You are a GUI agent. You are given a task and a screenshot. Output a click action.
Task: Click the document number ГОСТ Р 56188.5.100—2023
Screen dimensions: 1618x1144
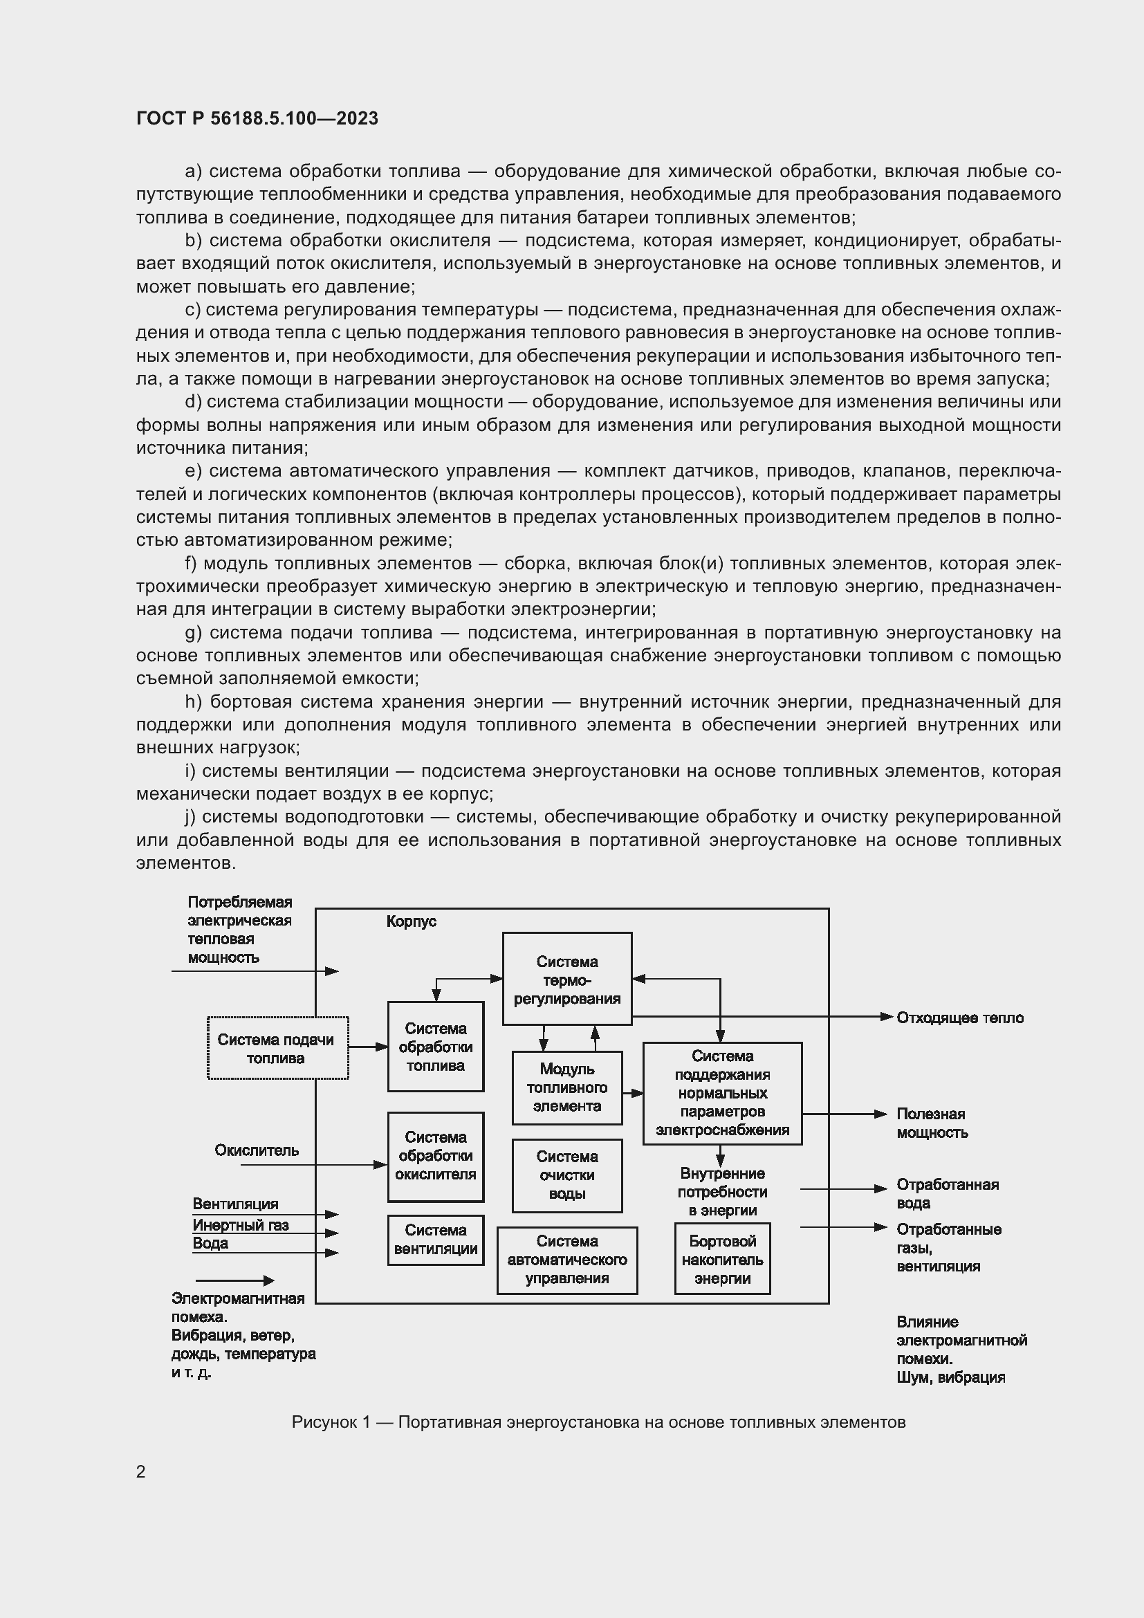pyautogui.click(x=257, y=118)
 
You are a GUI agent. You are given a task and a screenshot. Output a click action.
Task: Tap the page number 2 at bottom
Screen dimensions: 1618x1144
pyautogui.click(x=141, y=1471)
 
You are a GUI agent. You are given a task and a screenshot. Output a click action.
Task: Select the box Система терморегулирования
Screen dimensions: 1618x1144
pyautogui.click(x=566, y=980)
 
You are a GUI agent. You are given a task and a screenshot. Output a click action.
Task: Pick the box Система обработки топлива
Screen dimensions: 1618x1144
pyautogui.click(x=435, y=1047)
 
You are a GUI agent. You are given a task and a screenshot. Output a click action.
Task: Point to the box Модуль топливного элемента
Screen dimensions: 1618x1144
pyautogui.click(x=566, y=1087)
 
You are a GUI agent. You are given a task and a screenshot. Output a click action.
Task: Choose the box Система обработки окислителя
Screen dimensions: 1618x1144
pyautogui.click(x=435, y=1156)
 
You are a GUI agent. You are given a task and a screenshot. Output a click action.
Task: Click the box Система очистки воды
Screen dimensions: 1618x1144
pyautogui.click(x=566, y=1175)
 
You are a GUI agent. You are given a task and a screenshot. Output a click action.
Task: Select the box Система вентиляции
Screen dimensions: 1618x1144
pyautogui.click(x=435, y=1240)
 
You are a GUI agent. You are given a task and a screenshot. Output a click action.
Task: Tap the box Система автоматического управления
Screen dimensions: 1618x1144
pyautogui.click(x=566, y=1260)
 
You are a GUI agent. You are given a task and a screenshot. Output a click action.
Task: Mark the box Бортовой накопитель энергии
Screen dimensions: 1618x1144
pyautogui.click(x=722, y=1260)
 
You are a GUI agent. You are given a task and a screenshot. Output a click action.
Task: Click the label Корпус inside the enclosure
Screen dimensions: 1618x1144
pyautogui.click(x=412, y=921)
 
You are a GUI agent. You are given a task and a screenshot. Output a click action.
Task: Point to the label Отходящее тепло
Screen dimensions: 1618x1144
pyautogui.click(x=959, y=1018)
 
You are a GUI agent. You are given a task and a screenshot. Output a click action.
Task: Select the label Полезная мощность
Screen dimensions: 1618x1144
pyautogui.click(x=931, y=1123)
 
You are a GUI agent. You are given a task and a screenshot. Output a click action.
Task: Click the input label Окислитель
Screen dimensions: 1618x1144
pyautogui.click(x=257, y=1150)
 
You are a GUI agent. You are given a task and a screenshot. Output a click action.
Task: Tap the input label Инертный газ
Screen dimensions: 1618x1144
pyautogui.click(x=240, y=1225)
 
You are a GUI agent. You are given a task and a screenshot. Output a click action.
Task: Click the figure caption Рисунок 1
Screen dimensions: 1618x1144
pyautogui.click(x=598, y=1422)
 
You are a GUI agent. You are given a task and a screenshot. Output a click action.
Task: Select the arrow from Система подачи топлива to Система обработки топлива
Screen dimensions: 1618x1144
pyautogui.click(x=368, y=1047)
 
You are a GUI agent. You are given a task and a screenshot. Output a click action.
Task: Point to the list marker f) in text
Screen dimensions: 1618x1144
pyautogui.click(x=190, y=564)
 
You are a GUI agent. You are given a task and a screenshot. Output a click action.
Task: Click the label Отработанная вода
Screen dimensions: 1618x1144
pyautogui.click(x=947, y=1193)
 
